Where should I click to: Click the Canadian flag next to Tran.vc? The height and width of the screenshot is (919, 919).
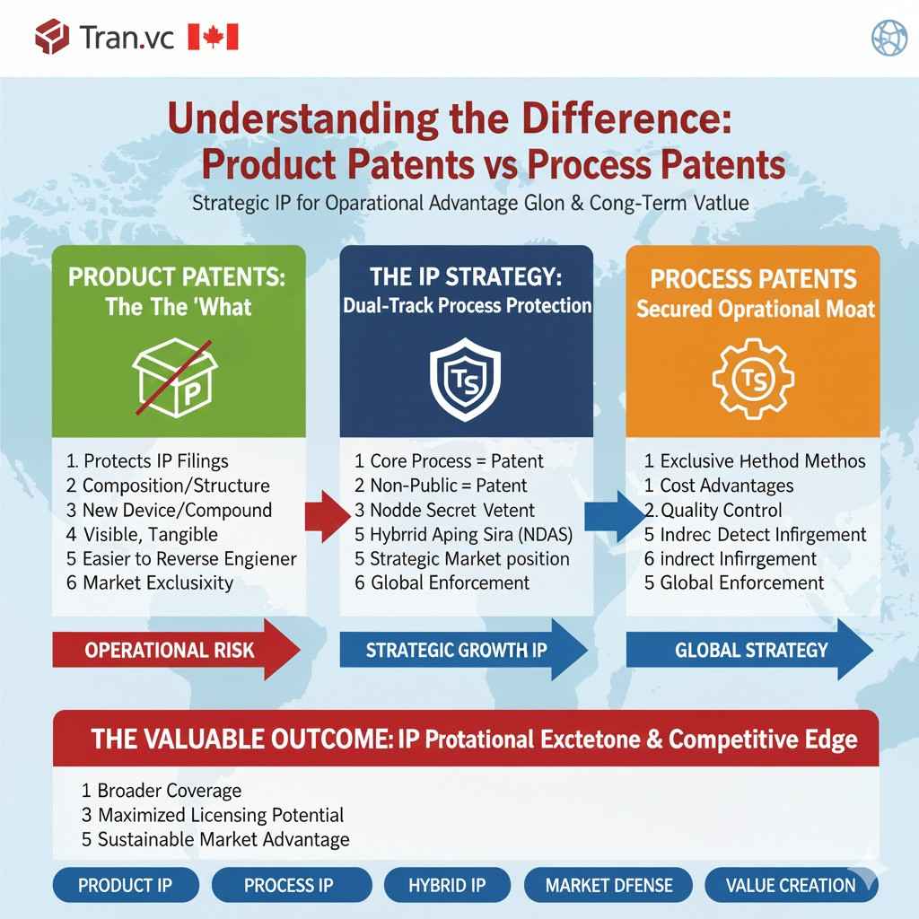(213, 37)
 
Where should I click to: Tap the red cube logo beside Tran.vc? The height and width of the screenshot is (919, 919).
(52, 37)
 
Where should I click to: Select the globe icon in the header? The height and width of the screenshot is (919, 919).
(889, 37)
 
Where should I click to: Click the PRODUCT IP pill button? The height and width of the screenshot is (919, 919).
(125, 885)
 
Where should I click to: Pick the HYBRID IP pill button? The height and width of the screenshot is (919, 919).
(447, 885)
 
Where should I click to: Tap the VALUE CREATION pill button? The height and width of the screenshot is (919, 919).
(791, 885)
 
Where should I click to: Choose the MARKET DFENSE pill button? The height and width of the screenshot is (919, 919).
(608, 885)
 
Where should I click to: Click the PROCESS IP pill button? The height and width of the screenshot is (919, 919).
(288, 885)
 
